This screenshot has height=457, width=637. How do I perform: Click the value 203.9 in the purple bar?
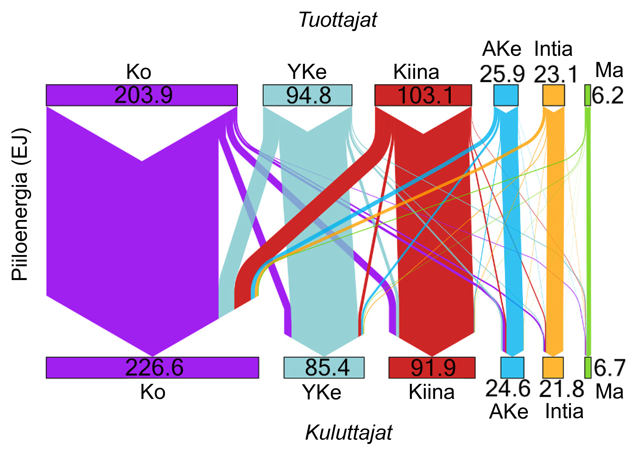[143, 95]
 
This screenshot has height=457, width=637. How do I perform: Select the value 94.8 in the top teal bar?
[308, 95]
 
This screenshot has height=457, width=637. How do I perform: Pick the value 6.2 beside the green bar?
[607, 95]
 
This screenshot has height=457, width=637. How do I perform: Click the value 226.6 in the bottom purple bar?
[154, 367]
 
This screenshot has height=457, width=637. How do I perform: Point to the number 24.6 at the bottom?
[508, 388]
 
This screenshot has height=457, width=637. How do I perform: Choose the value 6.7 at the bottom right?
[610, 367]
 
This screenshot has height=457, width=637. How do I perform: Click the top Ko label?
[139, 72]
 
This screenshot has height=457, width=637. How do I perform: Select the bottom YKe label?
[321, 392]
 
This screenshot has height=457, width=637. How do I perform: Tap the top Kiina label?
[416, 72]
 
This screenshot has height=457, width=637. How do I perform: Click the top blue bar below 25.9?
[506, 95]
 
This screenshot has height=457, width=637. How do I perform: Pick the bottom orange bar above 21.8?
[553, 367]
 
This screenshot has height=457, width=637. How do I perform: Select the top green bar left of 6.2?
[587, 95]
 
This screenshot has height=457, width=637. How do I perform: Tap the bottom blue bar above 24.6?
[512, 367]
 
